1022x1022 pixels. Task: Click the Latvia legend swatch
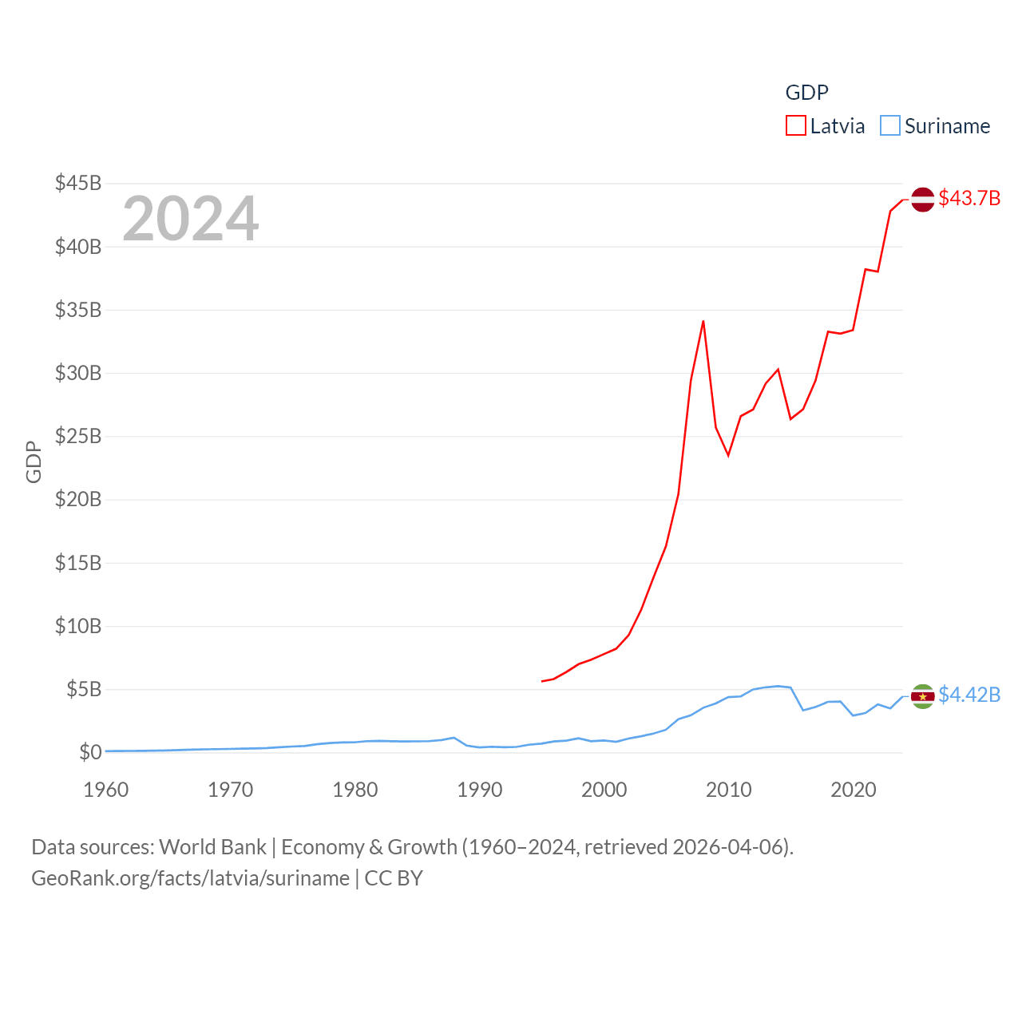click(796, 126)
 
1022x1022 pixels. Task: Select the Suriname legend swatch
click(890, 126)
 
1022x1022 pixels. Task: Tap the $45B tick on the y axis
click(77, 184)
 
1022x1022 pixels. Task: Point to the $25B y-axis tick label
click(77, 436)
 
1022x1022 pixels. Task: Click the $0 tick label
click(89, 752)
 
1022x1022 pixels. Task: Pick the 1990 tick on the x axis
click(479, 790)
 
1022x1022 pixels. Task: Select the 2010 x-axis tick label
click(728, 790)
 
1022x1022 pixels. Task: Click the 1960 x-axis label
click(106, 790)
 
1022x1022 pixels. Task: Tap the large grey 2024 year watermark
click(190, 219)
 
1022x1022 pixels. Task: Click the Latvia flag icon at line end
click(923, 199)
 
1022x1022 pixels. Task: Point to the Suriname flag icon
click(923, 696)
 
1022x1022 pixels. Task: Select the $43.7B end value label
click(969, 198)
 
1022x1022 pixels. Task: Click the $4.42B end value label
click(969, 695)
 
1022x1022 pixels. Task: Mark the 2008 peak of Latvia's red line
click(703, 321)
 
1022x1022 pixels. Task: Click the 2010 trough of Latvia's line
click(728, 455)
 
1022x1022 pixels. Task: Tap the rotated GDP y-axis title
click(34, 461)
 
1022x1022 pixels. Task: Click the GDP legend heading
click(806, 93)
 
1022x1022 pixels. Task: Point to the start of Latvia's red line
click(542, 681)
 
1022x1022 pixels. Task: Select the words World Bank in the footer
click(212, 847)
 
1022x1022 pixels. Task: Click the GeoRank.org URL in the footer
click(190, 878)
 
